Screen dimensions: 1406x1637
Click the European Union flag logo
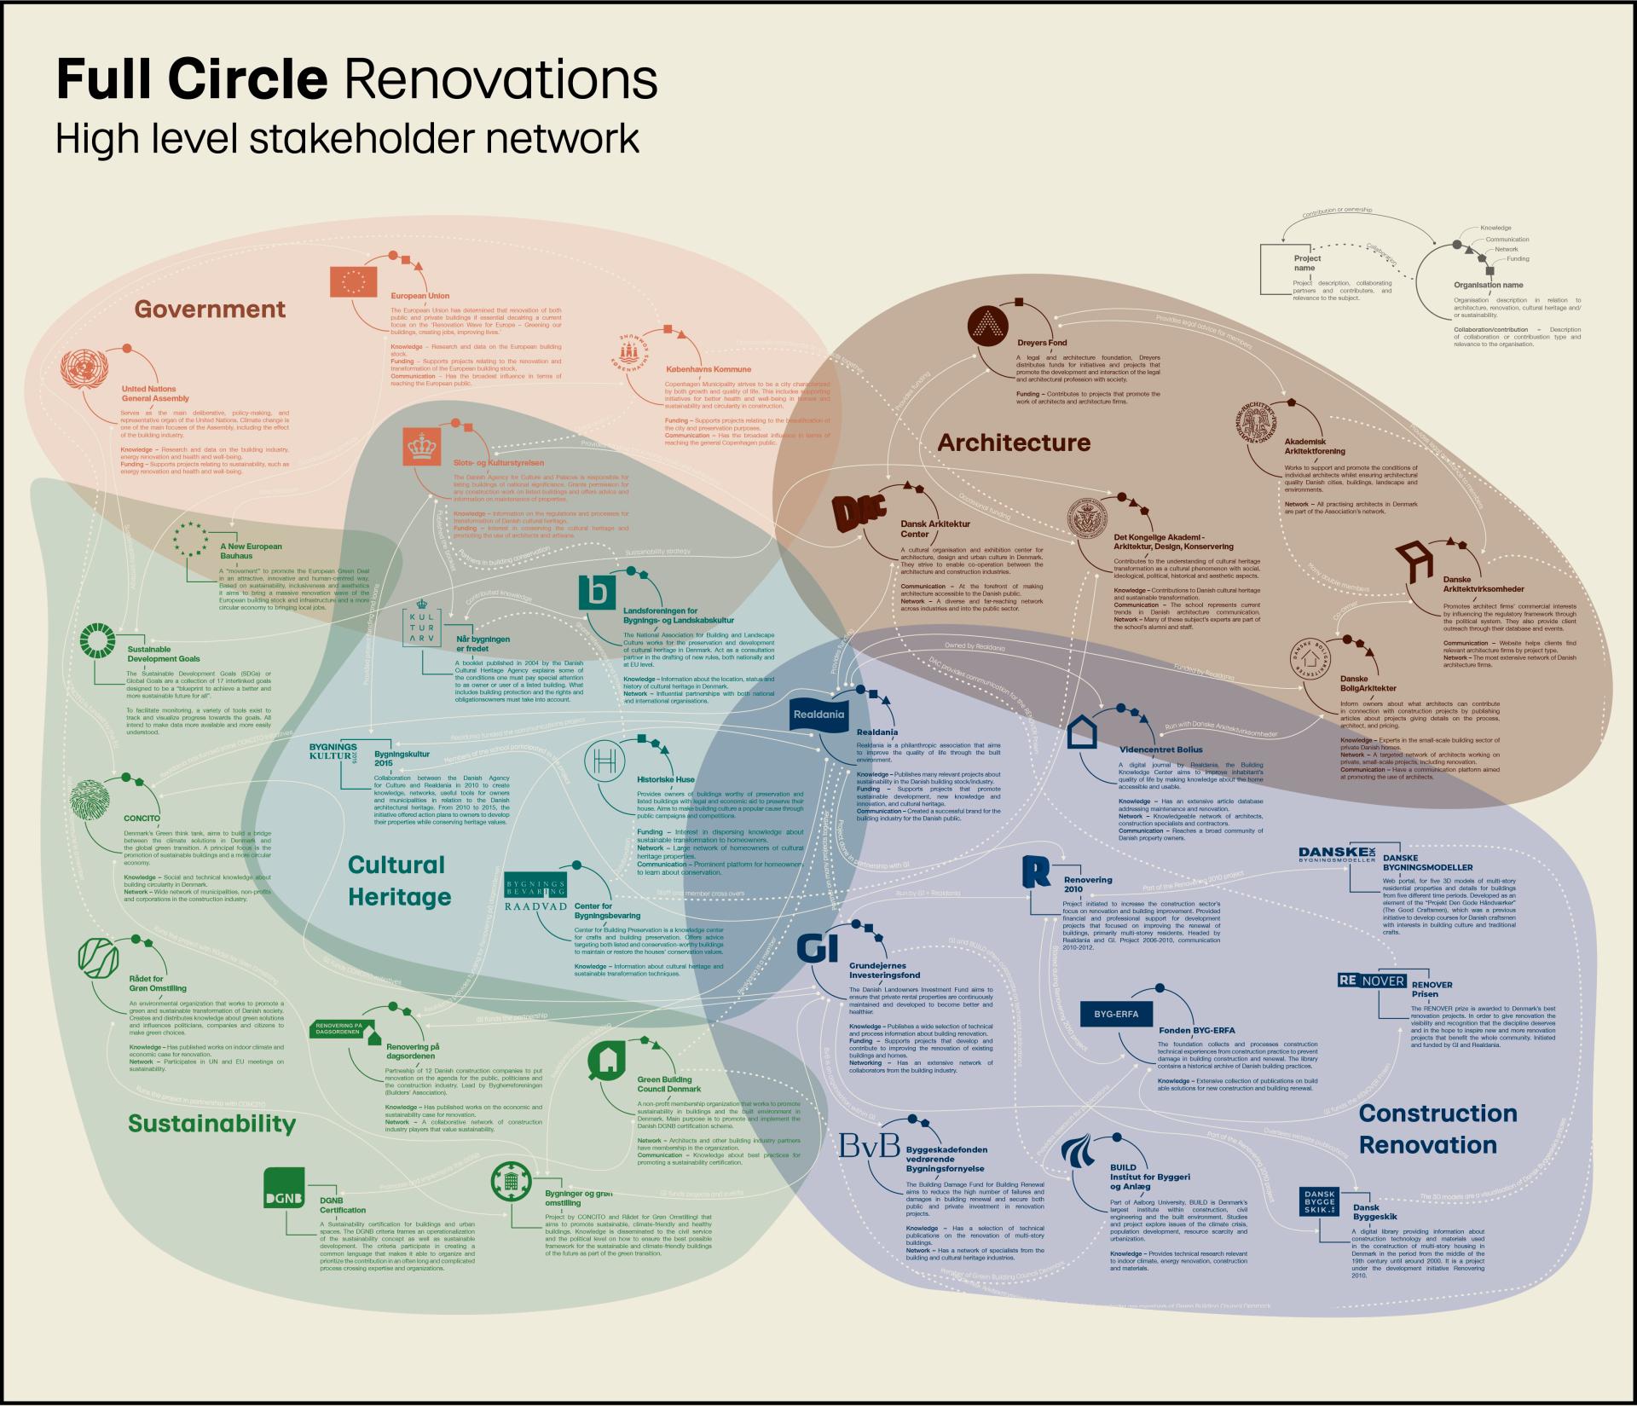354,281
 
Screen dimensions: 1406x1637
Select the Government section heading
211,309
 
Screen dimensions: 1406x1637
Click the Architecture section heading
1014,443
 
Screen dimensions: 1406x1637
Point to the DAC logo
859,514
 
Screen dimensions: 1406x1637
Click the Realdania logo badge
818,714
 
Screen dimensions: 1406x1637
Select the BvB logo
869,1146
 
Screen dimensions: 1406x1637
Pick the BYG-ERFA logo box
1116,1014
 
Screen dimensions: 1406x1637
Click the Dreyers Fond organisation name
1042,344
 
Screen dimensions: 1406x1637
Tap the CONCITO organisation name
142,819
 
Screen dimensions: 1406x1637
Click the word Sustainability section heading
211,1123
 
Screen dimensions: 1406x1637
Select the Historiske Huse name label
666,779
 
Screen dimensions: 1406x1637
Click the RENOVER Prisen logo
1371,981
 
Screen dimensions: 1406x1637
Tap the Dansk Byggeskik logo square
1320,1201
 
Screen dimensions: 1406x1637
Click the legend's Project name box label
1307,263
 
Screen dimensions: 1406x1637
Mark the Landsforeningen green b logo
603,593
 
